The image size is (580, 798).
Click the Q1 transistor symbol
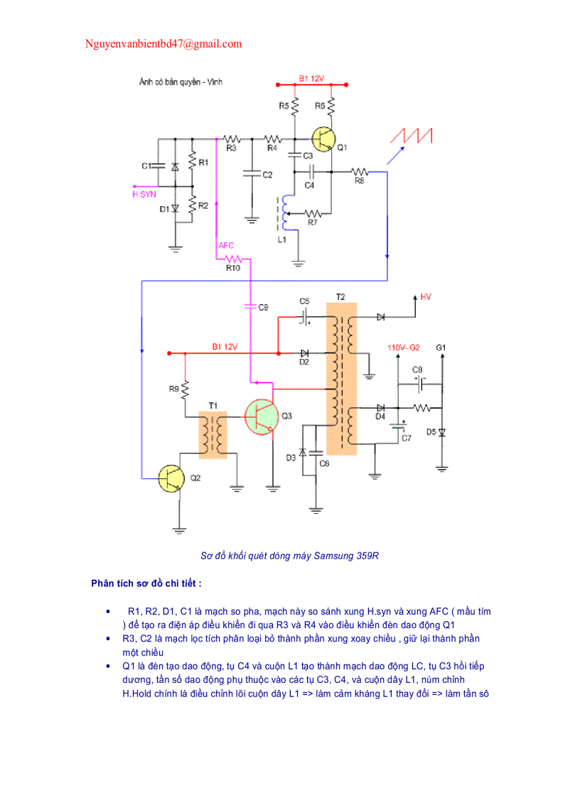324,139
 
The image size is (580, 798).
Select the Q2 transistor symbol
171,478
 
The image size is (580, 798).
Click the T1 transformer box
213,434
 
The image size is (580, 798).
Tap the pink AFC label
226,245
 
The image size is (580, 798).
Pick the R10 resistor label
233,268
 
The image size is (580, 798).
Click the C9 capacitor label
264,307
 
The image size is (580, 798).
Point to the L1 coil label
281,240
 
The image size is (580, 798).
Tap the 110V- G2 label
404,347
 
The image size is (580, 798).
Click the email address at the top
163,44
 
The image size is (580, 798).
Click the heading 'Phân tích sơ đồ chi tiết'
146,583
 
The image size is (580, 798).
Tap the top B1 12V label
311,78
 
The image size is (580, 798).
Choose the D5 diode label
431,431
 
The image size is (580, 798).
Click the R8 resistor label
359,182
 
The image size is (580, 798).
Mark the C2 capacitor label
267,175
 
